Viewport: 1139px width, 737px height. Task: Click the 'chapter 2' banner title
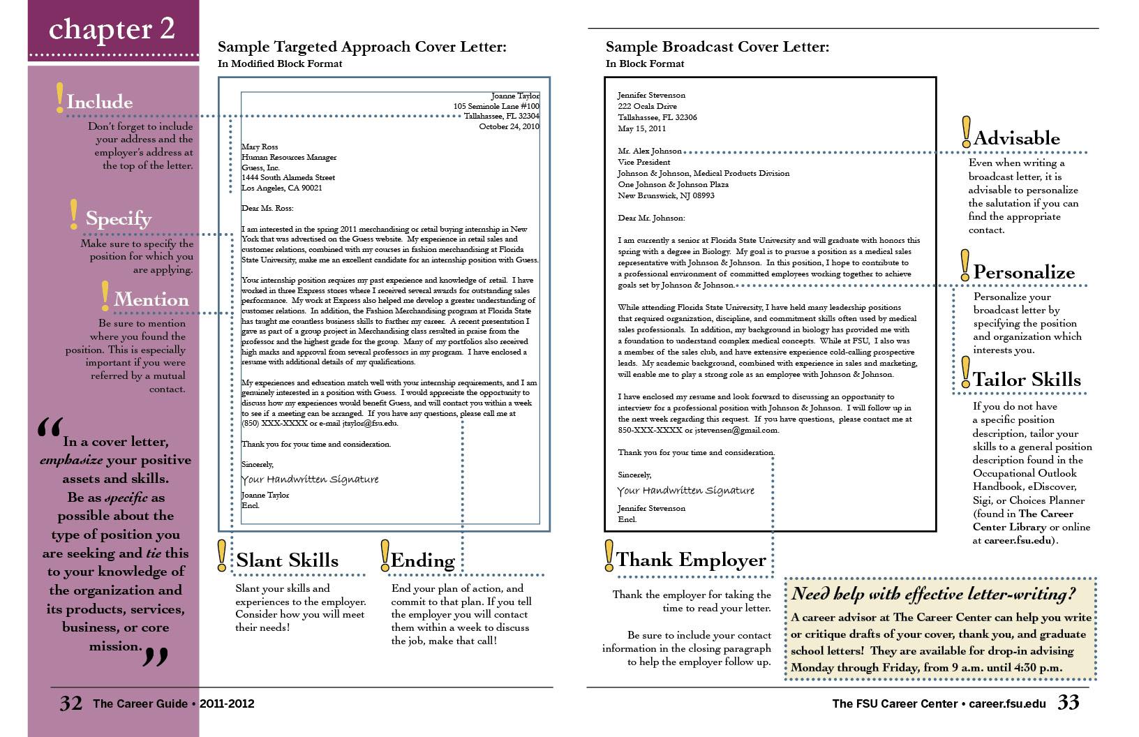[112, 29]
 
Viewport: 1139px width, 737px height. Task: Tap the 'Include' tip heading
[100, 102]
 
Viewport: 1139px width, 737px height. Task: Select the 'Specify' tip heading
[119, 218]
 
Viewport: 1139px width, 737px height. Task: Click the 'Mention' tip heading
[151, 299]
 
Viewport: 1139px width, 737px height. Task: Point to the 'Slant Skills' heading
[287, 560]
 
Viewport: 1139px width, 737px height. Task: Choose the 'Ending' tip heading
[423, 560]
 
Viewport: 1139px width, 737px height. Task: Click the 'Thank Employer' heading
[691, 560]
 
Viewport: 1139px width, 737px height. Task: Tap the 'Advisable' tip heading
[1017, 138]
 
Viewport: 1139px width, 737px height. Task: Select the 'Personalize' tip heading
[1024, 272]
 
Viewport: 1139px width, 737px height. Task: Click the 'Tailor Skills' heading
[1027, 380]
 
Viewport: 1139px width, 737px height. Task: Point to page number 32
[71, 703]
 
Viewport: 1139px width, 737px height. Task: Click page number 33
[1069, 702]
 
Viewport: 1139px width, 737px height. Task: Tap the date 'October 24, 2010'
[509, 126]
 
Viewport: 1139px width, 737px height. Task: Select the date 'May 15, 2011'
[641, 128]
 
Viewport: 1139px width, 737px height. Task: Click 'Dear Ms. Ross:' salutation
[267, 208]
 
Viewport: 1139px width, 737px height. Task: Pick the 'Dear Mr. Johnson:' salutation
[651, 218]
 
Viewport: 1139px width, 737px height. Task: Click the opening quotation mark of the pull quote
[50, 427]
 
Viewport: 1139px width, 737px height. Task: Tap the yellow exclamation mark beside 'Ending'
[385, 555]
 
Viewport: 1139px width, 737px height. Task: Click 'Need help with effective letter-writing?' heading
[933, 594]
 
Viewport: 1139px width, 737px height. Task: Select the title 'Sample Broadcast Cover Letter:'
[717, 47]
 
